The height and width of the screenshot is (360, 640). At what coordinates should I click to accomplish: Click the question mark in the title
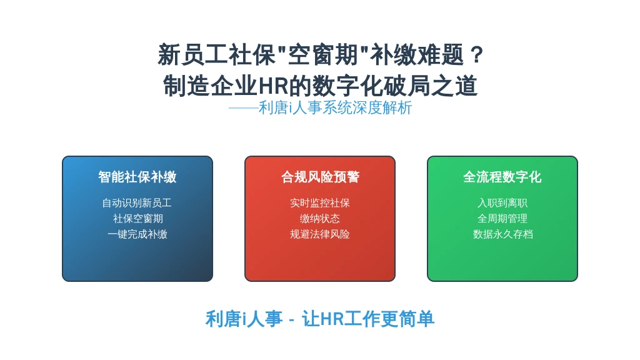(476, 55)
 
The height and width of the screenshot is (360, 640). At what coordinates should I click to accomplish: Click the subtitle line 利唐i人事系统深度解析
(335, 107)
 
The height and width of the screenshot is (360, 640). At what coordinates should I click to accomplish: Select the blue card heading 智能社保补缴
(137, 177)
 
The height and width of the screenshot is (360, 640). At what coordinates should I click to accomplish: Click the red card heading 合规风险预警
(320, 177)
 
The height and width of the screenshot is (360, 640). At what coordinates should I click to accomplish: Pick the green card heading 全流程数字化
(502, 177)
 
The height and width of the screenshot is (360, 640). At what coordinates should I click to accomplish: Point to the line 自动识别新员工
(137, 203)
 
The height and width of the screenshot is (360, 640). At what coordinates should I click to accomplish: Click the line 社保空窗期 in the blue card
(138, 218)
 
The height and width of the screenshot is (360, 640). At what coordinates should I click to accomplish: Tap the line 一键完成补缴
(137, 234)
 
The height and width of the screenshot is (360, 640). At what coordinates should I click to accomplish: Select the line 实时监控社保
(320, 203)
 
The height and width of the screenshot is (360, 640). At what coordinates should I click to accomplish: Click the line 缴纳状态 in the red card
(320, 218)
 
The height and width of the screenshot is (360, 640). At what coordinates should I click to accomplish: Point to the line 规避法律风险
(320, 234)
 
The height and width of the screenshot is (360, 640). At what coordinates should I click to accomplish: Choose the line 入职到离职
(502, 203)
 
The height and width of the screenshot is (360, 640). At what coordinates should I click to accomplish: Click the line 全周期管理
(502, 218)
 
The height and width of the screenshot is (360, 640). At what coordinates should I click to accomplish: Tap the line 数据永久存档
(503, 234)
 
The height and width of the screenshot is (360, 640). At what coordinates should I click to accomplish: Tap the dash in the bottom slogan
(291, 319)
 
